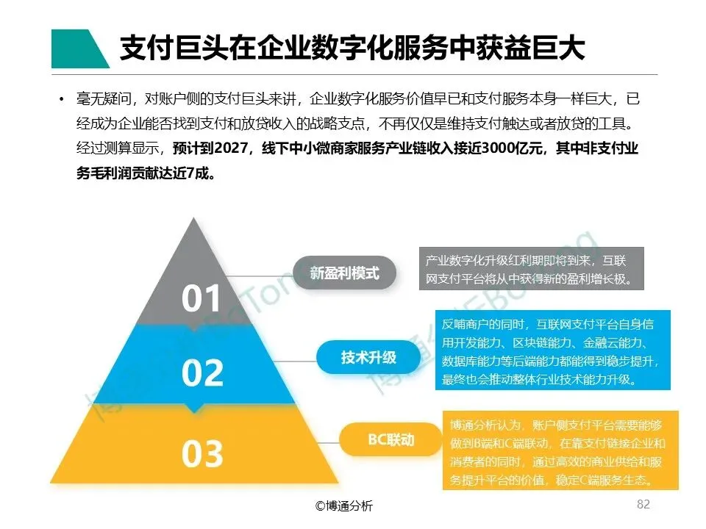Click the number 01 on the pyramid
202,299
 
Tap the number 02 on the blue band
202,373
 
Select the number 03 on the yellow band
202,455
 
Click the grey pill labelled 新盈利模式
344,273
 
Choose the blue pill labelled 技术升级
368,358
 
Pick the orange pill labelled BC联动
391,440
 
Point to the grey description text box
531,269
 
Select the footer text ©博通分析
344,505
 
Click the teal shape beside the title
78,49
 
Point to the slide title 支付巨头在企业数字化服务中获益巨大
352,48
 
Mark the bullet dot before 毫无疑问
61,99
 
